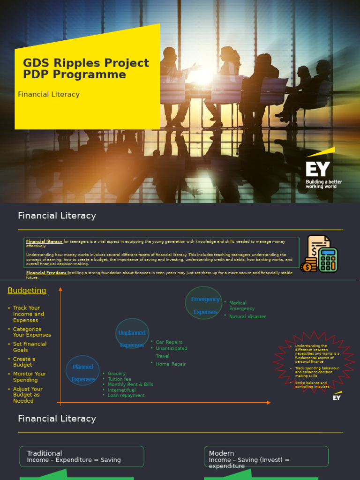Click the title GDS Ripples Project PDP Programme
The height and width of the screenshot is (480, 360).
[86, 69]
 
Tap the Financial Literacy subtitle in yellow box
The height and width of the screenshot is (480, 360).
[49, 94]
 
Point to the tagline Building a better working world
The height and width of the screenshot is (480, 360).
[323, 184]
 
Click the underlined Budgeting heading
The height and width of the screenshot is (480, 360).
[27, 291]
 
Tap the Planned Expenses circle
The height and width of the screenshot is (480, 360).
[83, 373]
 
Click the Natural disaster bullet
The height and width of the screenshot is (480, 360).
[247, 316]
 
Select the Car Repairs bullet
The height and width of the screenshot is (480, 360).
[169, 342]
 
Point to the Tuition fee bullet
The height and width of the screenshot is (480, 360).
[119, 379]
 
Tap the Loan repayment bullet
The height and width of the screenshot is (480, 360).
[126, 395]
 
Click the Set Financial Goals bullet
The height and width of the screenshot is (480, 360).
[30, 347]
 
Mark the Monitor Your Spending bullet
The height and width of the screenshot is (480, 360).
[30, 377]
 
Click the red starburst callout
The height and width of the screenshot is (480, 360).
[315, 362]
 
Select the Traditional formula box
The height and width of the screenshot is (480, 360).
[82, 457]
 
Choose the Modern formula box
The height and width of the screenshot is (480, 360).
[266, 457]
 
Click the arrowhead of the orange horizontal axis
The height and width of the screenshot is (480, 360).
[269, 403]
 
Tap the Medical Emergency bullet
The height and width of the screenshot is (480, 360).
[241, 306]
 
